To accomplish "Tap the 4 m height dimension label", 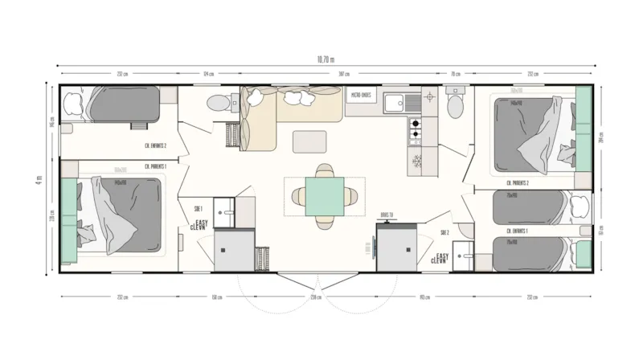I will pyautogui.click(x=39, y=180).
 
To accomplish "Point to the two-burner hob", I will pyautogui.click(x=416, y=130).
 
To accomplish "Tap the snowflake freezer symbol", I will pyautogui.click(x=416, y=159).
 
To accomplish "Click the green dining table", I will pyautogui.click(x=325, y=194).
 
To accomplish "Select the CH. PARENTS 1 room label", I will pyautogui.click(x=155, y=166).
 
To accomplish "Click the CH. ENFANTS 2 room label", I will pyautogui.click(x=155, y=145).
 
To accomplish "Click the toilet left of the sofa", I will pyautogui.click(x=215, y=103).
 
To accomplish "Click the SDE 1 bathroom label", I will pyautogui.click(x=198, y=208).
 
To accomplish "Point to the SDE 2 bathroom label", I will pyautogui.click(x=444, y=232).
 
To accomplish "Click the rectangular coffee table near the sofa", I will pyautogui.click(x=309, y=141).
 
